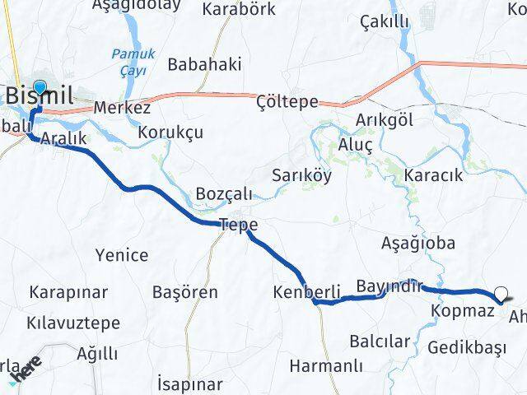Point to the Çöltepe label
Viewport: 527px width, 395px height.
point(287,100)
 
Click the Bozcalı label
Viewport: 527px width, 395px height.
point(224,193)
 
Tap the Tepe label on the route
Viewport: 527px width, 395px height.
point(238,224)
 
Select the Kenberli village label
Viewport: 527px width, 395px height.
point(305,292)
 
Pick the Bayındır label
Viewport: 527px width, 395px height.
point(389,286)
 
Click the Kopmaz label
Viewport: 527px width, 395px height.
point(462,311)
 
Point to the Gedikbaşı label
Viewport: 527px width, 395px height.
point(466,347)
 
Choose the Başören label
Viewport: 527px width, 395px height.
point(185,292)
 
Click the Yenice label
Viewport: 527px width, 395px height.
point(122,255)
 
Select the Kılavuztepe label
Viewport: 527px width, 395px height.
point(73,323)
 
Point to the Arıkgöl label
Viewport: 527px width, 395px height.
point(384,120)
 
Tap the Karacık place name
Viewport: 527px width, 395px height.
point(434,175)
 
